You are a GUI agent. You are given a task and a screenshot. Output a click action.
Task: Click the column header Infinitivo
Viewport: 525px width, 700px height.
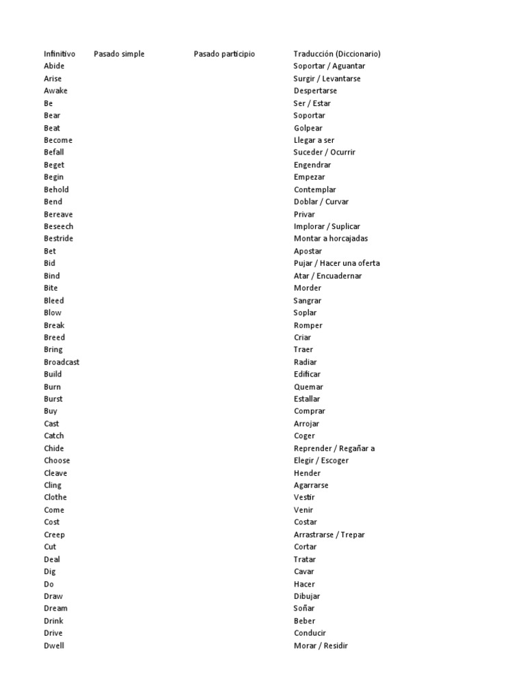59,54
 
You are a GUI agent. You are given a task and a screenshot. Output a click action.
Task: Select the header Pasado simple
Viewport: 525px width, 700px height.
119,54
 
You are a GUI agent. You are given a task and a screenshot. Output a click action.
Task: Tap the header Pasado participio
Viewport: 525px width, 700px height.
224,54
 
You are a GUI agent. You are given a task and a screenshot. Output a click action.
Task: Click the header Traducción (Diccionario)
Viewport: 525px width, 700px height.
337,54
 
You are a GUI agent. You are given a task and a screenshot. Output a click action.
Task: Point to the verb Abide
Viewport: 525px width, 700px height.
54,66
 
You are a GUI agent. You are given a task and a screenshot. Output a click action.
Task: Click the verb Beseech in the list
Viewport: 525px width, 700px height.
59,226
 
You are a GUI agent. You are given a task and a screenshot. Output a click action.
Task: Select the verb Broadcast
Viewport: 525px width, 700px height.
62,362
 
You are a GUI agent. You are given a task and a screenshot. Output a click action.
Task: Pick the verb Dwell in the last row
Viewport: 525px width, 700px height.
54,645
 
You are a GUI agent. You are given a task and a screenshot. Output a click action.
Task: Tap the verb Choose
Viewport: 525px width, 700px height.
57,460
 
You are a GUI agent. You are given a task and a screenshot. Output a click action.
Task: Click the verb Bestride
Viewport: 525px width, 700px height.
59,239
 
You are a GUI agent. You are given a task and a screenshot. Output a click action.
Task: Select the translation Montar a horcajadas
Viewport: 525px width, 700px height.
331,239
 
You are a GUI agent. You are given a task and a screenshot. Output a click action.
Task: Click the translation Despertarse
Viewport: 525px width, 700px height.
315,91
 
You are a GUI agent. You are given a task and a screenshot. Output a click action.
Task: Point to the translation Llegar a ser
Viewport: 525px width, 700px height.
314,140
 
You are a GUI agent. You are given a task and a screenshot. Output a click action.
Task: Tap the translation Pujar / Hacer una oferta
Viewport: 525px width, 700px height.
337,263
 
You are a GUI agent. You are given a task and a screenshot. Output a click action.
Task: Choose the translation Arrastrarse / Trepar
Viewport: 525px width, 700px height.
329,535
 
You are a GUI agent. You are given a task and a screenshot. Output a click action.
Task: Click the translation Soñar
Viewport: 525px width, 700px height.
304,608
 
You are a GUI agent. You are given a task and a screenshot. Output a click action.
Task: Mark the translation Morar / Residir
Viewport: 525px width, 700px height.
321,645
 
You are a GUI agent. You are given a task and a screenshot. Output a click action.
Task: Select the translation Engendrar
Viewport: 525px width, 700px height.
312,165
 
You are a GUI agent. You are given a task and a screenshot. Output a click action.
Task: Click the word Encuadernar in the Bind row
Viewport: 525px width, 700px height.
337,275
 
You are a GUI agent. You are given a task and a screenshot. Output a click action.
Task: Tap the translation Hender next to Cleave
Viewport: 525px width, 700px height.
307,473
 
